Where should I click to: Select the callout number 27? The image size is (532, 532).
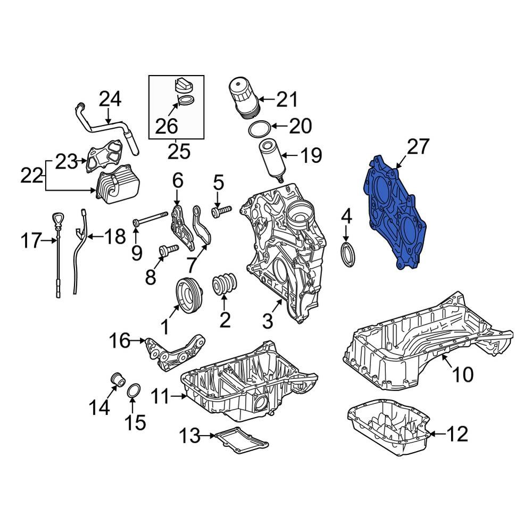coord(418,146)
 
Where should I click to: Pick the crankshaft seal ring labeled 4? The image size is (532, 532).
coord(347,254)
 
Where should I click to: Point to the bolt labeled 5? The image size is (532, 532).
coord(221,212)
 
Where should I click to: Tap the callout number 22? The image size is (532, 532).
coord(32,174)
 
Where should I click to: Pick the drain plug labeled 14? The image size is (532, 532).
coord(118,379)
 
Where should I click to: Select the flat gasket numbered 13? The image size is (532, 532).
coord(239,439)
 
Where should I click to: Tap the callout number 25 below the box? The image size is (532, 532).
coord(178,152)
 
